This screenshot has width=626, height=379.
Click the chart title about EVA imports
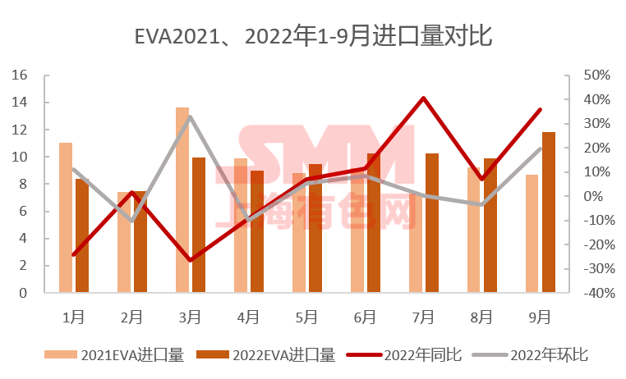click(312, 37)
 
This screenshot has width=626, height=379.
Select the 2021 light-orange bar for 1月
click(66, 217)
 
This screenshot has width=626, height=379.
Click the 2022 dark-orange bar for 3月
click(199, 225)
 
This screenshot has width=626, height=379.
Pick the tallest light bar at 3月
click(182, 200)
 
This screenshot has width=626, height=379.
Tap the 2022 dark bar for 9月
click(549, 212)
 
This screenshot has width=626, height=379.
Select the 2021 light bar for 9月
click(532, 233)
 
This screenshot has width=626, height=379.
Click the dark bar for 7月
click(432, 222)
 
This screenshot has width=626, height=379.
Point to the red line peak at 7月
click(423, 98)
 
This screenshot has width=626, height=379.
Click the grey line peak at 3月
click(190, 116)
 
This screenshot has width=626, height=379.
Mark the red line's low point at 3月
click(190, 260)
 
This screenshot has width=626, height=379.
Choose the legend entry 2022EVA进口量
click(265, 355)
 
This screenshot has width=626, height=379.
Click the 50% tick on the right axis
click(597, 75)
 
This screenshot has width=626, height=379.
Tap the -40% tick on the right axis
click(595, 293)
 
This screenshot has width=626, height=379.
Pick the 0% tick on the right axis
click(593, 196)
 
